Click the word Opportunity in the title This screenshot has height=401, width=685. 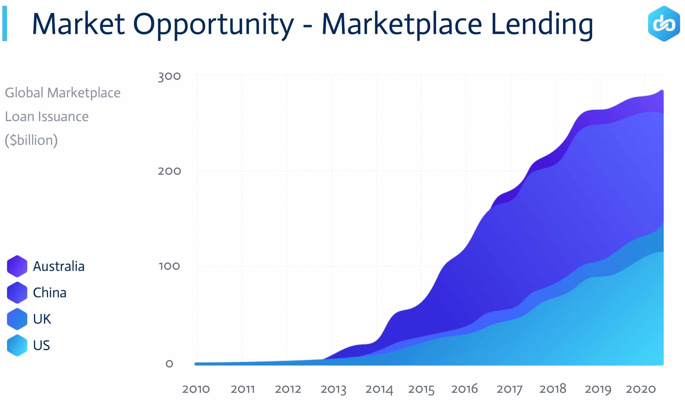point(213,25)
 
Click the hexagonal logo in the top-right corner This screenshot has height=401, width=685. point(664,24)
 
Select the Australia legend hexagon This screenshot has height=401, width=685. point(17,266)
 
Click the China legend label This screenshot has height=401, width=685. point(49,293)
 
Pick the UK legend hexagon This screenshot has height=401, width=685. point(17,319)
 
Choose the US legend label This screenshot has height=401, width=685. point(41,345)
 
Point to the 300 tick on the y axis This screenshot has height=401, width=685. point(169,76)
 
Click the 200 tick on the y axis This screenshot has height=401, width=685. point(169,171)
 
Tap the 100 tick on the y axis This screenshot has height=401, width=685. point(169,266)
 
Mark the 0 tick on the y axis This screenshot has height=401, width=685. point(169,364)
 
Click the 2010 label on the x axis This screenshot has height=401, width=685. point(196,389)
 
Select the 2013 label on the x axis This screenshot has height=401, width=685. point(333,389)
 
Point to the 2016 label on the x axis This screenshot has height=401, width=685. point(464,389)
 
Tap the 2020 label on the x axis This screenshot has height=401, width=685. point(640,389)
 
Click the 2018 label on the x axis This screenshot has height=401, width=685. point(553,389)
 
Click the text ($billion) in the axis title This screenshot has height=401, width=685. point(31,140)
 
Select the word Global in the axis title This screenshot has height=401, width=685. point(24,93)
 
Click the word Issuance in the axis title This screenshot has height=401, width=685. point(63,117)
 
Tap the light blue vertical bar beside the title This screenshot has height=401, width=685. point(4,23)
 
